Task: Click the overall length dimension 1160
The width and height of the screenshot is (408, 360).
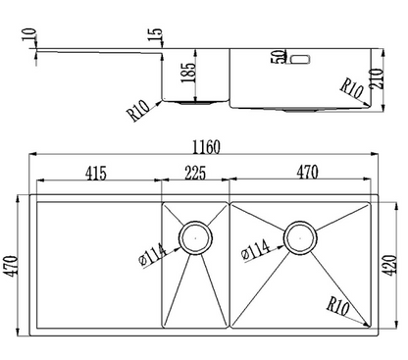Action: coord(206,147)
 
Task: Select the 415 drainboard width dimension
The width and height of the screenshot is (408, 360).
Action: coord(96,174)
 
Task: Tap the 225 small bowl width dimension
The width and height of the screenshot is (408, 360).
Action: coord(195,173)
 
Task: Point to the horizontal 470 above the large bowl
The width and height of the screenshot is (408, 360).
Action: coord(307,173)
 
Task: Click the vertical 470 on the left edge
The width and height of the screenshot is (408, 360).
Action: coord(13,266)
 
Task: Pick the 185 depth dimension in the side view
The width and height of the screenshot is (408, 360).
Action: coord(189,73)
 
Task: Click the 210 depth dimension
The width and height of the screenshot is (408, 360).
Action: coord(377,78)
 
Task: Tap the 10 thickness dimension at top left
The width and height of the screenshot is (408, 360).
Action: coord(29,34)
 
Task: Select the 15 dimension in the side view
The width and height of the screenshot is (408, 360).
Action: coord(155,34)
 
